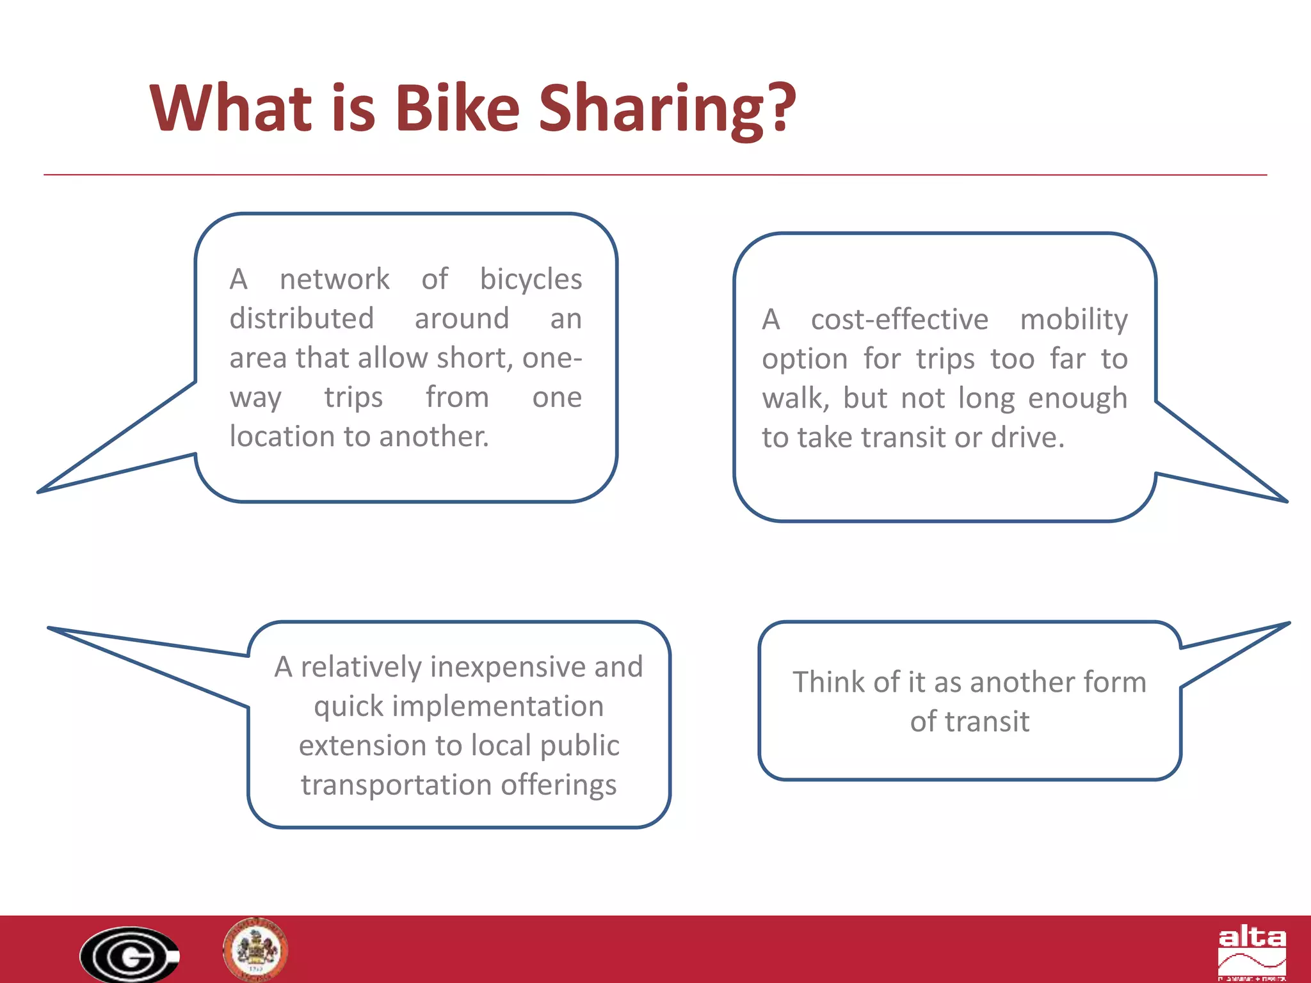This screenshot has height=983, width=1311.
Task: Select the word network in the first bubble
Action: click(334, 280)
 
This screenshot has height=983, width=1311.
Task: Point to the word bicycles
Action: click(531, 280)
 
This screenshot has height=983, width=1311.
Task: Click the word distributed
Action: click(302, 319)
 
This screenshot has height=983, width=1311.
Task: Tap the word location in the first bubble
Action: click(282, 436)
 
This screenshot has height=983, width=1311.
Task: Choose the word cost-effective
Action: click(899, 319)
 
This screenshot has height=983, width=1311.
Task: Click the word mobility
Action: click(1074, 319)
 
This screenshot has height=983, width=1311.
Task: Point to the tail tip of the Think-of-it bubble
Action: click(1288, 623)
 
